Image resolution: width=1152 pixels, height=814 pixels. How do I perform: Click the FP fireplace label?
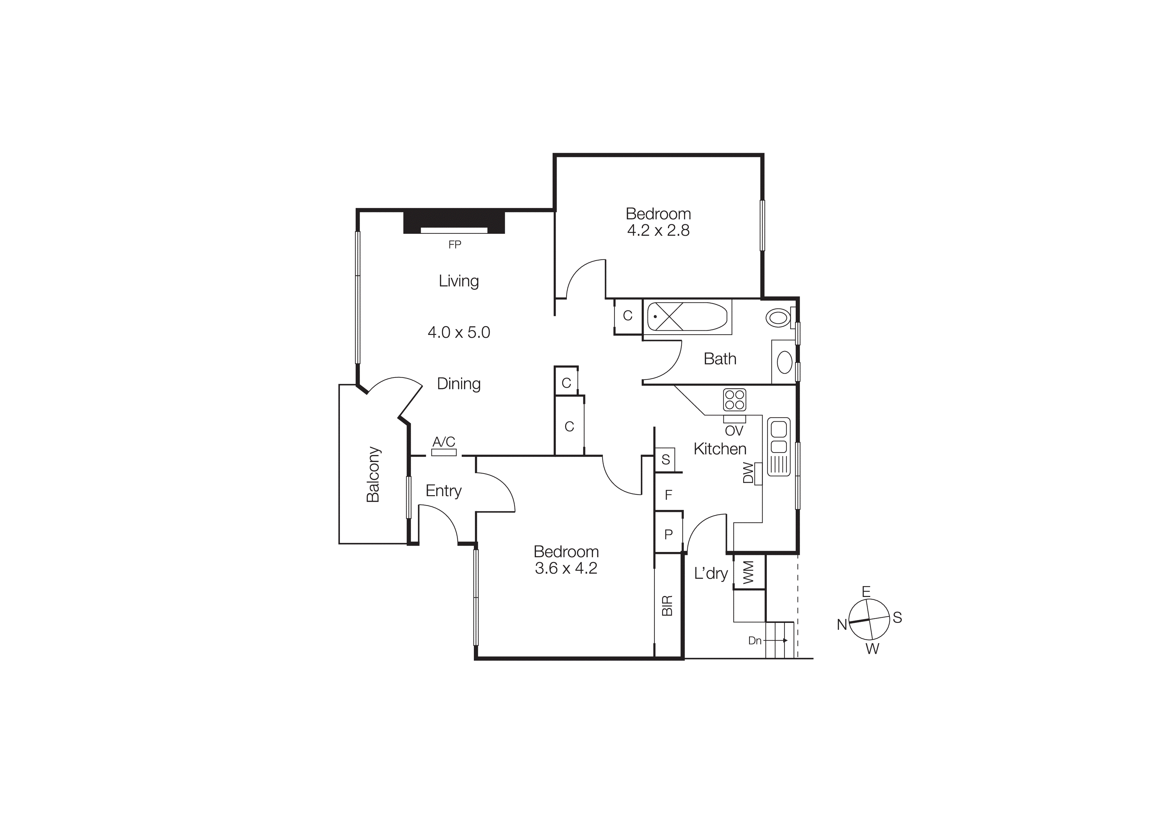454,245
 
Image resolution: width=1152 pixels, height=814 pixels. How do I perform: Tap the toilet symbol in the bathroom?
778,318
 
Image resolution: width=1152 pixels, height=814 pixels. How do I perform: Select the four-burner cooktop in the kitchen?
735,400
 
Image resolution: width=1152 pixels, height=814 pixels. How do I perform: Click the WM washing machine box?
749,572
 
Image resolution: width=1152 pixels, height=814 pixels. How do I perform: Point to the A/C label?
444,442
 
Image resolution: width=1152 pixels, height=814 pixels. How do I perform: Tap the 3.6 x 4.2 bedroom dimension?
565,568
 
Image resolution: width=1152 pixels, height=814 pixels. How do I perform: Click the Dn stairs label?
755,641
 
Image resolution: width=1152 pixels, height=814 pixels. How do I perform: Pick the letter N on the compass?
841,625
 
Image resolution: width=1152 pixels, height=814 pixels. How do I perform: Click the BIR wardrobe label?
667,606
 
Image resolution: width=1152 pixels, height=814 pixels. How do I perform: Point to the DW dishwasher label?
748,473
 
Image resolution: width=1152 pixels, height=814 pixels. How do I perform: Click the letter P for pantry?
668,535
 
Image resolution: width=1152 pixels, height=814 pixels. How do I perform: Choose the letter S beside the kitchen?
666,459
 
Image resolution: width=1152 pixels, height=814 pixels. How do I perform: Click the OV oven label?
734,431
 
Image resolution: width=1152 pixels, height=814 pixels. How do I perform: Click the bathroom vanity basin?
784,362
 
